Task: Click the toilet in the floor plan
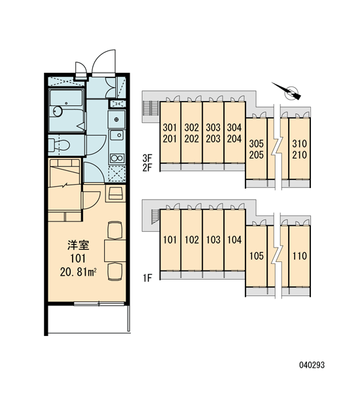coord(59,145)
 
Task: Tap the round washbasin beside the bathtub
coord(58,111)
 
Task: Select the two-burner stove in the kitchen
coord(117,158)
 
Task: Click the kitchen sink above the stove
coord(117,136)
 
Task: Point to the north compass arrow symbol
coord(287,91)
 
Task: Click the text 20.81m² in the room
coord(78,272)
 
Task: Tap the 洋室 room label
coord(78,245)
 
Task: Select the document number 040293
coord(312,365)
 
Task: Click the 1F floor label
coord(147,278)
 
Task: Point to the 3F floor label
coord(147,158)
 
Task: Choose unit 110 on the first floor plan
coord(299,256)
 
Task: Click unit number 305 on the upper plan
coord(257,143)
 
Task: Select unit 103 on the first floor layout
coord(213,240)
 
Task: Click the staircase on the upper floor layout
coord(150,108)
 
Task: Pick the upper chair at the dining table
coord(115,230)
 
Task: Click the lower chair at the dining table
coord(115,271)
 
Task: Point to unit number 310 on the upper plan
coord(299,143)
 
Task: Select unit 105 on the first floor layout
coord(257,256)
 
